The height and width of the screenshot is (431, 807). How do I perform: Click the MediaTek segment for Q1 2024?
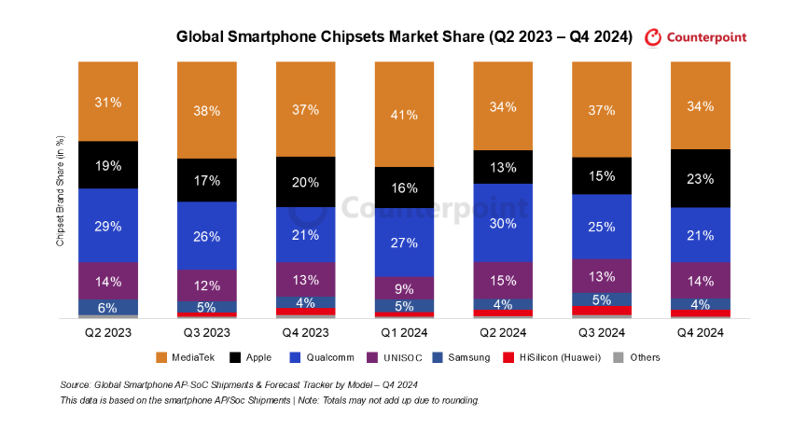click(x=404, y=114)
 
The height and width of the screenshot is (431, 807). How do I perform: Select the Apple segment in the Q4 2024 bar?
click(x=701, y=177)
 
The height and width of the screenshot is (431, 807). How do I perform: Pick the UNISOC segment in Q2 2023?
click(x=108, y=281)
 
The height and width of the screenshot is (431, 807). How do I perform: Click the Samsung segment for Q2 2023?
click(x=108, y=307)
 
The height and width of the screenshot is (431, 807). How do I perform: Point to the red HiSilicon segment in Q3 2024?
click(x=602, y=310)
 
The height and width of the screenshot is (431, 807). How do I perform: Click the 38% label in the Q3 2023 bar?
click(x=207, y=110)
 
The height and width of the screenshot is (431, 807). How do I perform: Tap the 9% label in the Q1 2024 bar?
click(x=404, y=288)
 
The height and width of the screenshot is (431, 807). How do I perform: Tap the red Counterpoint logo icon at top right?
click(x=653, y=37)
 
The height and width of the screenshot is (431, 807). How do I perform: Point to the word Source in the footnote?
click(x=76, y=384)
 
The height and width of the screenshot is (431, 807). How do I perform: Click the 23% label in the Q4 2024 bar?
click(x=701, y=177)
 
